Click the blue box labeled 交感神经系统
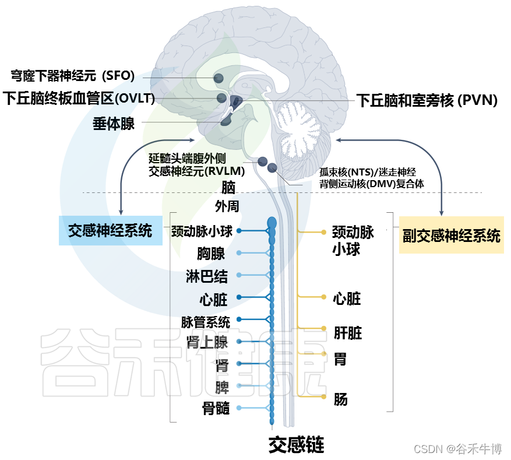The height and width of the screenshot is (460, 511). point(111,230)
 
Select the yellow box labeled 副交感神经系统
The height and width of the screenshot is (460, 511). point(452,235)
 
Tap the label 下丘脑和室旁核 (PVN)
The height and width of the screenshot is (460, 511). point(427,100)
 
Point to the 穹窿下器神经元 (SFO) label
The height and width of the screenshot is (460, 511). point(73,76)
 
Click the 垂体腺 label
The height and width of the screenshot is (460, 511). point(114,124)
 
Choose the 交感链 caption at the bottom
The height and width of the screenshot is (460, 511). point(296,445)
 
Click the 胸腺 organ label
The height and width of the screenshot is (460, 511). point(211,253)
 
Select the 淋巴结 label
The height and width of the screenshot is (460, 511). point(207,276)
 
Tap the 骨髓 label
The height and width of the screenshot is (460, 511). point(216,408)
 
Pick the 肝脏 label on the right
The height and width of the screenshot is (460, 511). point(348,333)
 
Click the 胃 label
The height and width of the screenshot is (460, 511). point(340,359)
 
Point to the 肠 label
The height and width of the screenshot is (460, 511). point(340,399)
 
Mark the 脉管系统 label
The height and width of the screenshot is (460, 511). point(206,322)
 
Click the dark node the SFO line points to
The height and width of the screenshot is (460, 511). point(219,78)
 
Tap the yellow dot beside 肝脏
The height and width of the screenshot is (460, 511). point(323,328)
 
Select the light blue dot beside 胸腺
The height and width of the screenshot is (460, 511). point(239,252)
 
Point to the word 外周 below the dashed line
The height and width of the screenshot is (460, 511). point(227,206)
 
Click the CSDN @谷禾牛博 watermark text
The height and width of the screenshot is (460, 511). point(457,449)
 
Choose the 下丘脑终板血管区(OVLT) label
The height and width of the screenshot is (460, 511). point(79,98)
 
